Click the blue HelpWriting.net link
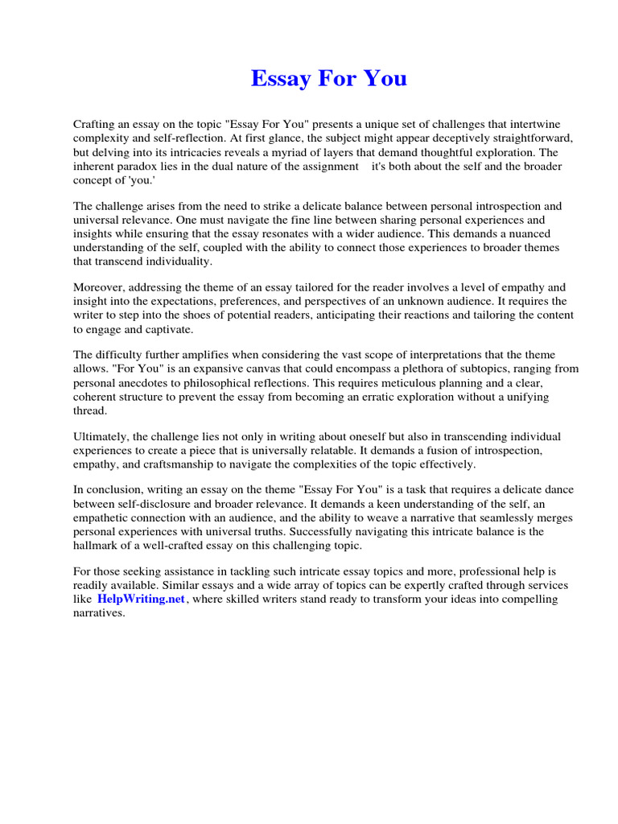(x=141, y=599)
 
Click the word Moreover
(x=100, y=287)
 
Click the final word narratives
(x=99, y=613)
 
